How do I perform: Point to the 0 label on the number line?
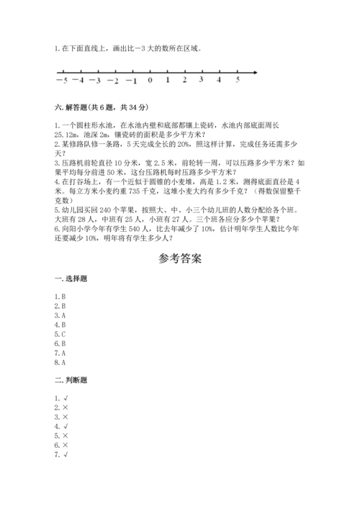[150, 81]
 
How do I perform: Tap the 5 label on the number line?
[237, 80]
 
